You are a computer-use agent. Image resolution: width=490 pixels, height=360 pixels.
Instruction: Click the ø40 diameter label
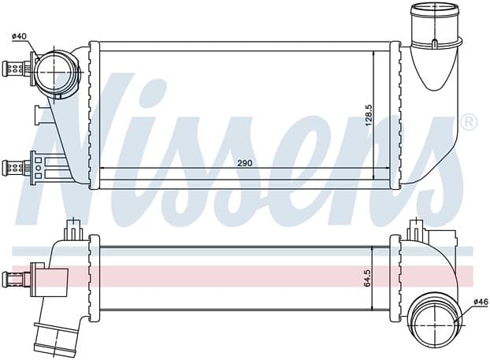pos(19,36)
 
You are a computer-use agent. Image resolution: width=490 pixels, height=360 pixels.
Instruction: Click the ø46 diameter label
pos(481,302)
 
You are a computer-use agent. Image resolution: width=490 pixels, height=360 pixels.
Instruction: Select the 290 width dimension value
pos(245,163)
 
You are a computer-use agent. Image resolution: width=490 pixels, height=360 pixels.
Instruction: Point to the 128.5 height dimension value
pos(369,115)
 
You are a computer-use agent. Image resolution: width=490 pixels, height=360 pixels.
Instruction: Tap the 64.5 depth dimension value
pos(367,278)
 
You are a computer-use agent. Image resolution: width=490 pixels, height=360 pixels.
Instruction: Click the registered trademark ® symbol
pos(471,122)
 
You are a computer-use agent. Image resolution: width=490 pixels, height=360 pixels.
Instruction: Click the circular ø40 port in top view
pos(55,72)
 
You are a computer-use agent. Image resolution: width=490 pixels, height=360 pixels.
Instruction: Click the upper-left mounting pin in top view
pos(15,69)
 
